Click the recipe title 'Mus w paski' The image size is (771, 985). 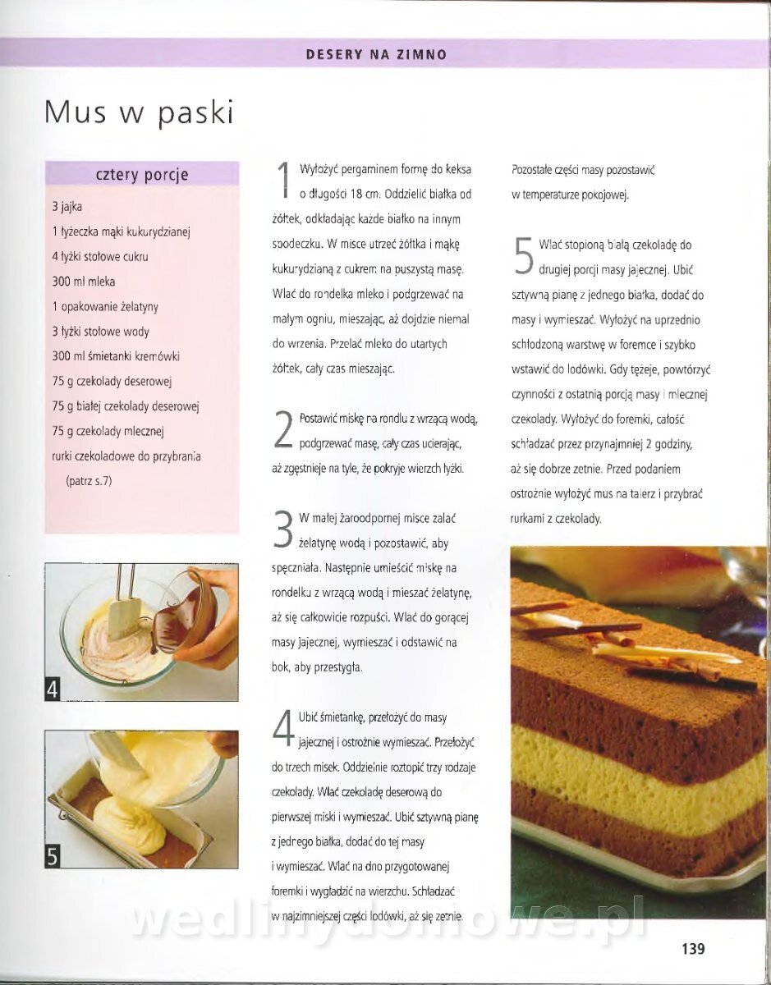pos(139,112)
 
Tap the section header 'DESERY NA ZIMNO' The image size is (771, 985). pos(377,55)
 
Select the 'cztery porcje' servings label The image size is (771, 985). pos(142,175)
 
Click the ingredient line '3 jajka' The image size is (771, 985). pos(67,207)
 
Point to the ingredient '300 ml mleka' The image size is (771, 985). pos(84,282)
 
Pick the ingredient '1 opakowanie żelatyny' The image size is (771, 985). pos(105,307)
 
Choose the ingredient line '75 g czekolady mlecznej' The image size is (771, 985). pos(108,431)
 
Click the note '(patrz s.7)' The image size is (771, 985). pos(89,480)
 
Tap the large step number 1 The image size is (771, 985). pos(284,180)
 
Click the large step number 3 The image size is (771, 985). pos(283,529)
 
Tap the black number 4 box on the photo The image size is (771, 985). pos(53,689)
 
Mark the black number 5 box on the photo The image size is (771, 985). pos(53,857)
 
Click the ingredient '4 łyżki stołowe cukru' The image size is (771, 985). pos(99,257)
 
